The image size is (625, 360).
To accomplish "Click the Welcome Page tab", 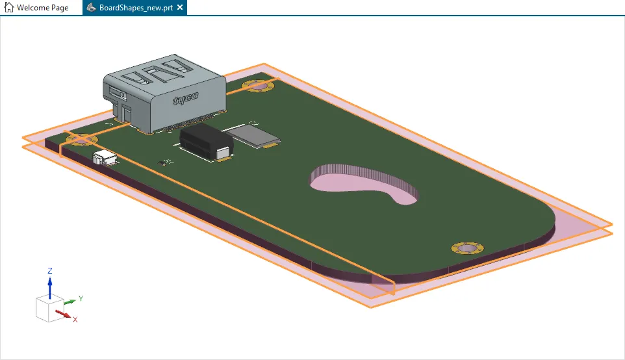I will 42,8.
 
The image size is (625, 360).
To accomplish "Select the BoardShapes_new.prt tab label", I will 136,8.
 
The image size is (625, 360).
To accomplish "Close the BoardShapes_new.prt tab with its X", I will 180,8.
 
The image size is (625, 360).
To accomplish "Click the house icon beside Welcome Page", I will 9,8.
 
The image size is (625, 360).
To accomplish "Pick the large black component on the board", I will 205,142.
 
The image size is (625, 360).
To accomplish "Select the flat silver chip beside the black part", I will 255,135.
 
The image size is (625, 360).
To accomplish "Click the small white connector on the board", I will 104,157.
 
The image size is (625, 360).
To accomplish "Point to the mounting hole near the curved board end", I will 467,248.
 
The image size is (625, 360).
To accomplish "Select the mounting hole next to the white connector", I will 79,138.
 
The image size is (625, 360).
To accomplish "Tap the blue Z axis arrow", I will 50,287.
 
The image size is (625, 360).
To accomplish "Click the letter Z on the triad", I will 50,270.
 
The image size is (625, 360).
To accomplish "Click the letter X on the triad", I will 75,320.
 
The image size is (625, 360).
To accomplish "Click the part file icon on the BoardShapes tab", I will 93,8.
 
